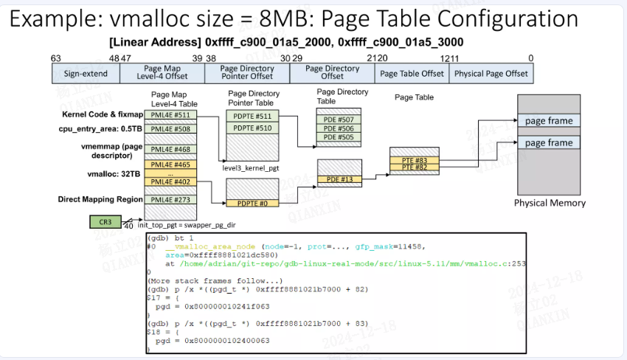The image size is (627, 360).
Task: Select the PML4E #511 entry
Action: [172, 115]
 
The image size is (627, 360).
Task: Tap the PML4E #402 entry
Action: [172, 181]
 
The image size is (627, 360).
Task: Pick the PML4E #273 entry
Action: [172, 199]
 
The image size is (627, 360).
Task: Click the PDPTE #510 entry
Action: [253, 128]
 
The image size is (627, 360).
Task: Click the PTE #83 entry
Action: [415, 160]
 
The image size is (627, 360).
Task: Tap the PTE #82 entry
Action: [415, 168]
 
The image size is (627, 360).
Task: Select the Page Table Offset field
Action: [412, 74]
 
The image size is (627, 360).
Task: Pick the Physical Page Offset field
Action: [491, 74]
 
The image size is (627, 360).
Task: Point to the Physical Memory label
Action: [549, 203]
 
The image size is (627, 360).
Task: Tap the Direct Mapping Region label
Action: [100, 199]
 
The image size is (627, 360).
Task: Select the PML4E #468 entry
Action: [172, 149]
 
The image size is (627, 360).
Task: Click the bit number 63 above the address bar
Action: [56, 58]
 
